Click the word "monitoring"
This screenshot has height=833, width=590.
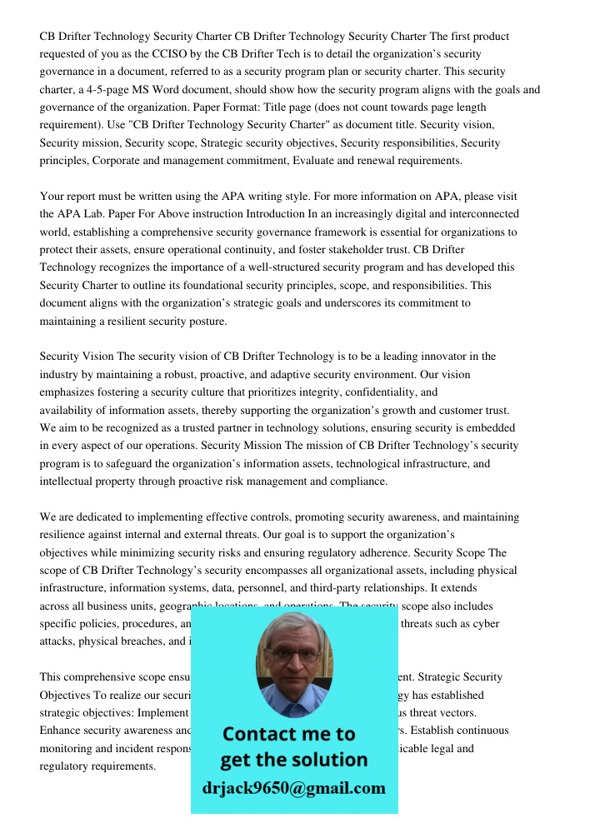(x=68, y=748)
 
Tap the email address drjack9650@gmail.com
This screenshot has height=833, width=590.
(x=293, y=788)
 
